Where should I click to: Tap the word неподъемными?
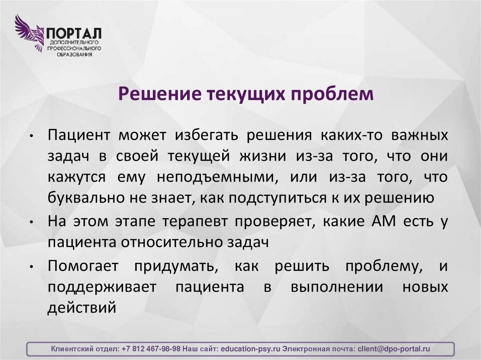coord(217,177)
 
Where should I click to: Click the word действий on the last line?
coord(81,309)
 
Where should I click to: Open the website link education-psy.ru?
coord(250,349)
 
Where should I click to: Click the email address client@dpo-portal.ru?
coord(394,349)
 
